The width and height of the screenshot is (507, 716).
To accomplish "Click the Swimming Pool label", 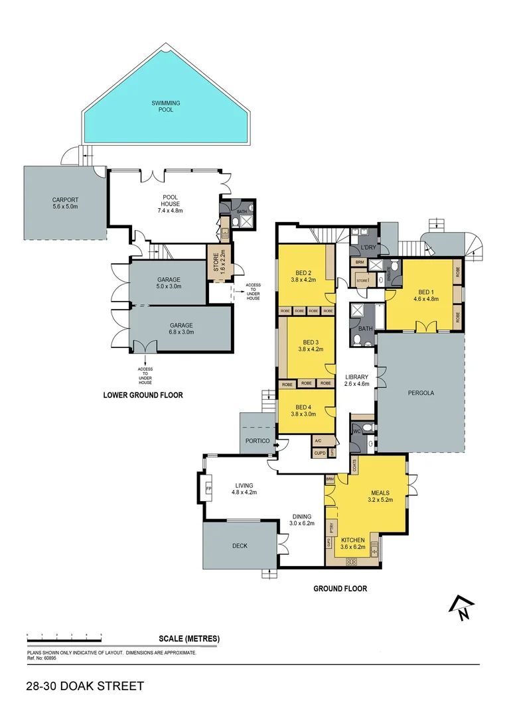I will click(x=165, y=106).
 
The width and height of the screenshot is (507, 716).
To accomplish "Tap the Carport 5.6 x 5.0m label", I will click(x=66, y=203).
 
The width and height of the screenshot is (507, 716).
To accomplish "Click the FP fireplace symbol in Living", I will click(x=208, y=489).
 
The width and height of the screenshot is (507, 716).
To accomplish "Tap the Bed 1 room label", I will click(x=427, y=295).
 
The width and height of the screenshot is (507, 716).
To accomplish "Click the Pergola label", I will click(x=421, y=392).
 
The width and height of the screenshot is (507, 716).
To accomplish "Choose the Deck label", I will click(x=240, y=546).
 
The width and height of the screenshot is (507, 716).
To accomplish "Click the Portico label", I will click(x=257, y=440).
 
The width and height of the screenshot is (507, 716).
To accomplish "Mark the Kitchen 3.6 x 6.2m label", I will click(x=353, y=544).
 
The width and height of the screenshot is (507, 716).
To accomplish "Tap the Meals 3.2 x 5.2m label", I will click(x=380, y=497).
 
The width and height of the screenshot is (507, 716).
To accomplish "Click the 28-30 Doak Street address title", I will click(x=85, y=686).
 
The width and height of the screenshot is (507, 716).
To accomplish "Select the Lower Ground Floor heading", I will click(x=143, y=395).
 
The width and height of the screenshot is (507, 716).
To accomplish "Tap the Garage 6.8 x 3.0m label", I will click(x=181, y=329).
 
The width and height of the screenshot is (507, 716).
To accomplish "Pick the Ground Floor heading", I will click(x=340, y=588).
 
